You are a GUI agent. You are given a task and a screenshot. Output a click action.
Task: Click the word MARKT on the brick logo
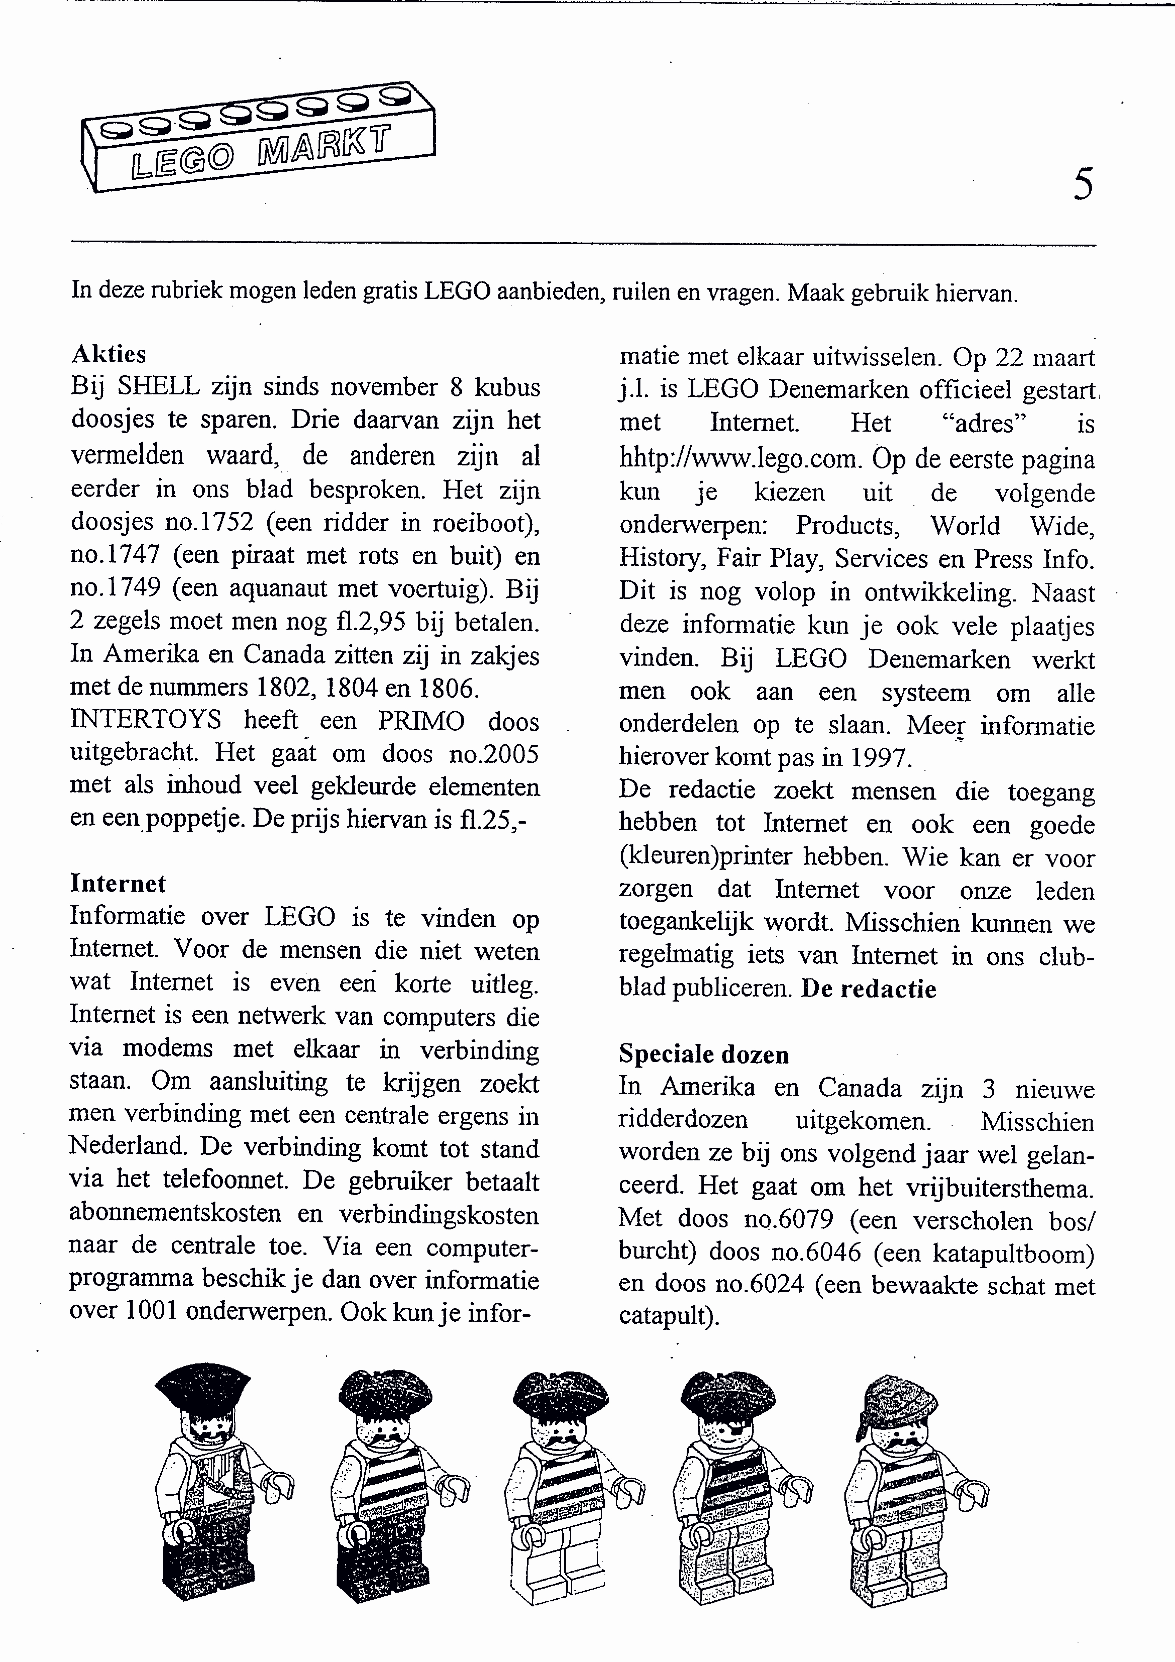tap(324, 145)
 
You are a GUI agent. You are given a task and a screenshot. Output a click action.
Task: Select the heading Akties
tap(109, 354)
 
